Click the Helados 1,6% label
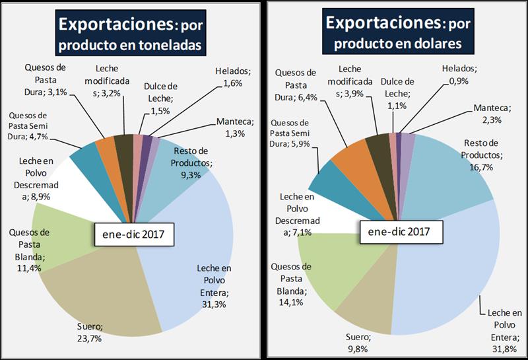point(230,77)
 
